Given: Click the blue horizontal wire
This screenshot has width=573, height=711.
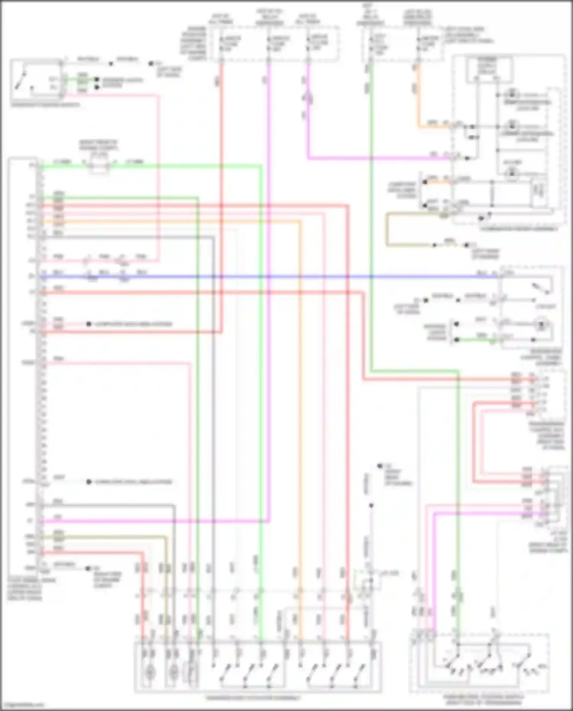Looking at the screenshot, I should point(267,277).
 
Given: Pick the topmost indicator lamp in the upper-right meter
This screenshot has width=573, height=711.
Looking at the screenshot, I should point(511,94).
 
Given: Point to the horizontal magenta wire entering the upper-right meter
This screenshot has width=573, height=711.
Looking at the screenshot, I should point(382,157).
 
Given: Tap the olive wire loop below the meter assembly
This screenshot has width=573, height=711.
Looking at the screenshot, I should point(387,229).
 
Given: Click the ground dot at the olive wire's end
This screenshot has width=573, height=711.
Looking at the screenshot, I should point(466,245).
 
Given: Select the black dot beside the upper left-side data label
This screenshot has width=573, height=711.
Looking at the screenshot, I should point(89,324).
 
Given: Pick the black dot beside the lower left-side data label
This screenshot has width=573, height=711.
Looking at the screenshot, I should point(89,482).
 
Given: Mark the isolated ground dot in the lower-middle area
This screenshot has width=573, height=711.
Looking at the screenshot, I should point(379,466).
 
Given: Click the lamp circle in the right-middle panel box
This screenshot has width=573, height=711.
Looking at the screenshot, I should point(541,326).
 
